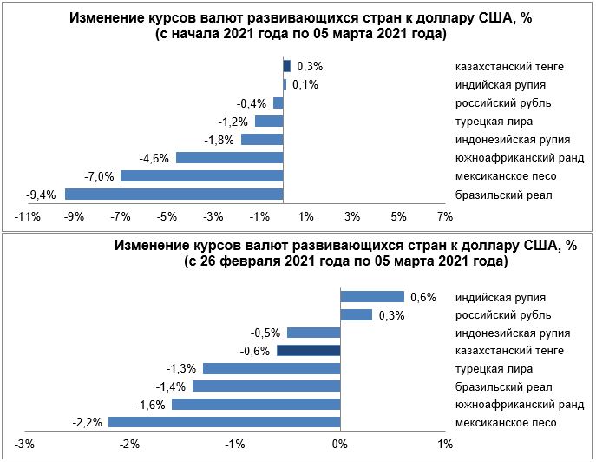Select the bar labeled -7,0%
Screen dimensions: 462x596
(x=201, y=175)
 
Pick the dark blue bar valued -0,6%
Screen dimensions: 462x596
(x=307, y=350)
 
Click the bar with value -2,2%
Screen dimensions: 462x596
(x=223, y=423)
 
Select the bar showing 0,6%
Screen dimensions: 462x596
(x=370, y=295)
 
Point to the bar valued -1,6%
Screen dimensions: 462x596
(x=255, y=405)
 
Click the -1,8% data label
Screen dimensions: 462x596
(x=219, y=140)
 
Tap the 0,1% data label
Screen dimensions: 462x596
(x=305, y=84)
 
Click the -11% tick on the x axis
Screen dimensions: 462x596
(x=22, y=216)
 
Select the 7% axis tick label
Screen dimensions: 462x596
(x=444, y=216)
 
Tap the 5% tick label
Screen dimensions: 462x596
(x=398, y=216)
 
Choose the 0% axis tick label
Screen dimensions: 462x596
(x=338, y=445)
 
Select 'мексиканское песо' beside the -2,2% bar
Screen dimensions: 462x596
(x=506, y=423)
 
